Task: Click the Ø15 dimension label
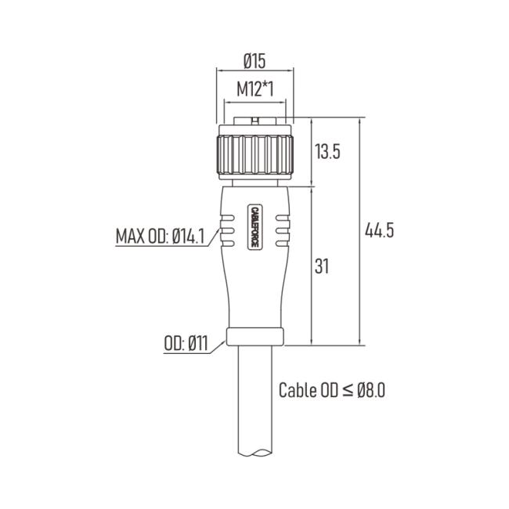click(x=254, y=61)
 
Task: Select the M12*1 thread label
click(x=255, y=89)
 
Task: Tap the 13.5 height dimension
click(x=327, y=152)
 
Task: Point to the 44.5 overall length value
click(x=380, y=230)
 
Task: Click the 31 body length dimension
click(x=322, y=266)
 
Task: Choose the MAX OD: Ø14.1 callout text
click(x=161, y=236)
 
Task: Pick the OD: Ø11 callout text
click(x=186, y=343)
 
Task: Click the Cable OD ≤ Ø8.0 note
click(x=332, y=390)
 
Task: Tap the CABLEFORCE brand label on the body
click(x=255, y=227)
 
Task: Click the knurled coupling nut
click(x=255, y=155)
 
